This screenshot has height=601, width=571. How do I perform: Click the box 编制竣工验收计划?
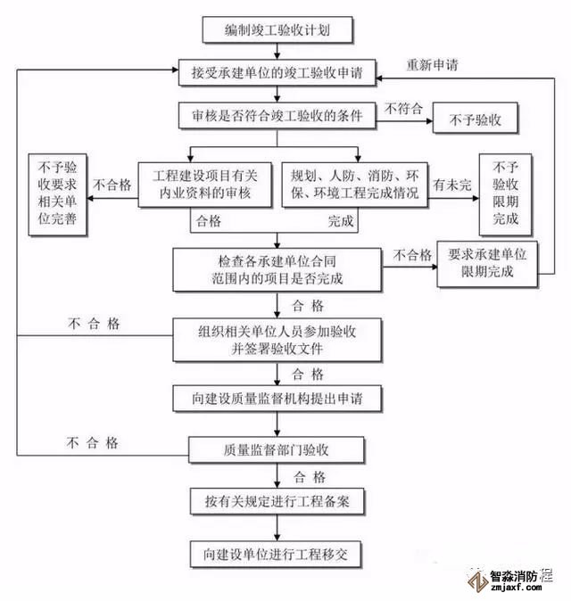click(x=277, y=32)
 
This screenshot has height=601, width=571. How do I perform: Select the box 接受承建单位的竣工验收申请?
click(x=277, y=73)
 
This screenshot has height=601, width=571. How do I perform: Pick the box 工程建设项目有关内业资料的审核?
click(x=204, y=184)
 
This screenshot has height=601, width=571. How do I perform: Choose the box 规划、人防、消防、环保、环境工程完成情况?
click(x=354, y=184)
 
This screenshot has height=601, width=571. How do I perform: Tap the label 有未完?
click(x=451, y=185)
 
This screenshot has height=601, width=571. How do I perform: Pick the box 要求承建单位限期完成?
click(x=487, y=263)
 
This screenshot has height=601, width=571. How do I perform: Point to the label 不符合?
click(x=403, y=108)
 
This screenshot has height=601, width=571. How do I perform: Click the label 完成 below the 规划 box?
click(x=340, y=220)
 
